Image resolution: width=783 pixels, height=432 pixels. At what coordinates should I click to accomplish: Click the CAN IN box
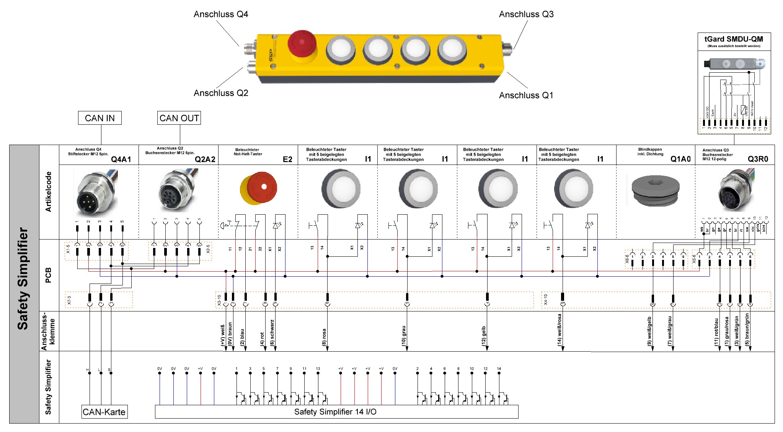pos(100,118)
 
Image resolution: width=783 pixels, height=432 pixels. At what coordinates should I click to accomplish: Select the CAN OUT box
pos(179,118)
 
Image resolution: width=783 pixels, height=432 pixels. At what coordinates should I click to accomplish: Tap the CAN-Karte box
pos(104,412)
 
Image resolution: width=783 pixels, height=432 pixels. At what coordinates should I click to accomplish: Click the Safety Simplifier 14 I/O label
pos(335,412)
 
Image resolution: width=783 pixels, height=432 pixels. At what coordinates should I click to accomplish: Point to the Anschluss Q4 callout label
pos(221,15)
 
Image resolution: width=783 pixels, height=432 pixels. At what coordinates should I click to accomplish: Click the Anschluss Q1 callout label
pos(526,95)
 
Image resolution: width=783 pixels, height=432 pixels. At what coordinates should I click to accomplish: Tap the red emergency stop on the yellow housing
pos(302,42)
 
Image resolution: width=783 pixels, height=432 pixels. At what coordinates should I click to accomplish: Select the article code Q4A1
pos(121,159)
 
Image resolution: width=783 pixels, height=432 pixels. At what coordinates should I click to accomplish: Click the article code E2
pos(287,159)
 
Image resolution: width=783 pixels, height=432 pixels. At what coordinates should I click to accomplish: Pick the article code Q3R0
pos(758,159)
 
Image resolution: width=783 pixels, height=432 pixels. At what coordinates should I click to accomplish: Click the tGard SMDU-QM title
pos(734,39)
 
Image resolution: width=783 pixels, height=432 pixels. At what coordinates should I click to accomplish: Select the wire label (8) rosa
pos(324,337)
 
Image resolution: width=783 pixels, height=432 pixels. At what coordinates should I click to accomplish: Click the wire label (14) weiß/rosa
pos(560,330)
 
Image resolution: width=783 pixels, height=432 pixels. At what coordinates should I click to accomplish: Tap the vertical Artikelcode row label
pos(49,192)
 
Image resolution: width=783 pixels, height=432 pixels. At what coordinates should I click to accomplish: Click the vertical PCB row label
pos(49,275)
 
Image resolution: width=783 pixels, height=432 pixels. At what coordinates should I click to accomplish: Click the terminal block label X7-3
pos(69,300)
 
